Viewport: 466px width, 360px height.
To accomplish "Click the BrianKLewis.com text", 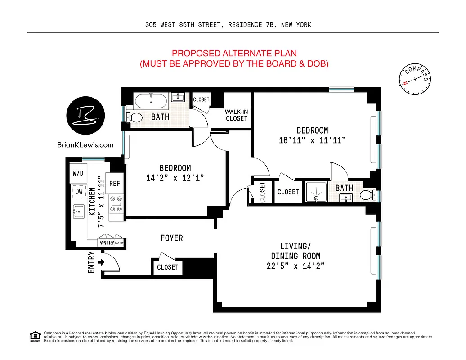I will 85,145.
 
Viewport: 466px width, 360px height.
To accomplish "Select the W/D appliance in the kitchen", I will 78,174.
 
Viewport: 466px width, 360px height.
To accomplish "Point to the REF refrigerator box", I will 115,184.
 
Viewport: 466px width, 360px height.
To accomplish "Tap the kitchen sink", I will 78,211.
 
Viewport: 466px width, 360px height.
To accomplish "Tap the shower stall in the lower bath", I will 316,192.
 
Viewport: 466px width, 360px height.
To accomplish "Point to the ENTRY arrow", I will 101,262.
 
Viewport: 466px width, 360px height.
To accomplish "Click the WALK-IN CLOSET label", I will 237,115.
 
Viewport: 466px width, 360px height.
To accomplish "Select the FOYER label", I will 172,238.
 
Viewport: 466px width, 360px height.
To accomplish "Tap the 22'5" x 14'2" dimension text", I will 296,265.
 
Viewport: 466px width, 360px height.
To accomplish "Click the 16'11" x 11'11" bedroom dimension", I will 312,140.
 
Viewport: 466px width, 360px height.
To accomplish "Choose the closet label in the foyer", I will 168,267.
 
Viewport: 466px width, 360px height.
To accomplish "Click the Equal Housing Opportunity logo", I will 35,336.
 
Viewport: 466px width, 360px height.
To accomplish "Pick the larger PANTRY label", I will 106,243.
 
